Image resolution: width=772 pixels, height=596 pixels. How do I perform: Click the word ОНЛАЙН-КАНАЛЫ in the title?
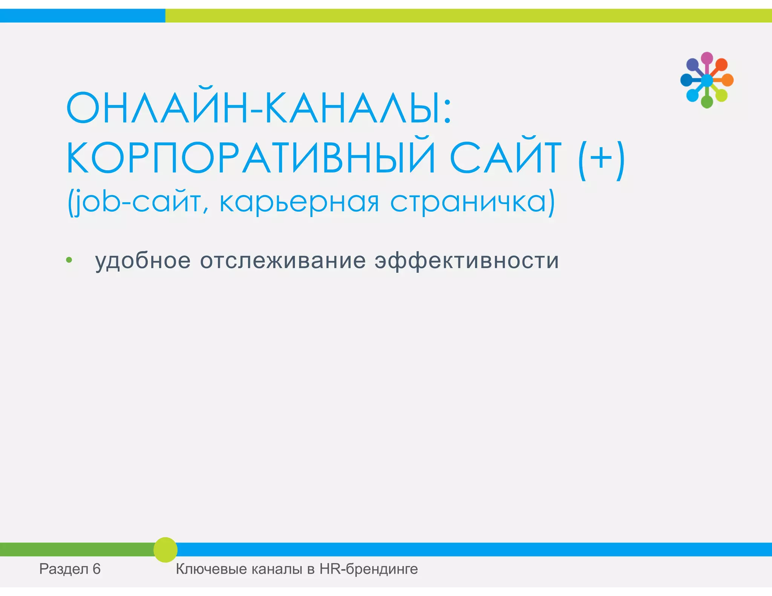[x=258, y=109]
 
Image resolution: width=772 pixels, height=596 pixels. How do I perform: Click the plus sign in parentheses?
[x=601, y=158]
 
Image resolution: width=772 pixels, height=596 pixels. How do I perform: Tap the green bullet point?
[x=69, y=260]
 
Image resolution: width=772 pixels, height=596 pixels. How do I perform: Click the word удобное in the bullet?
[x=143, y=261]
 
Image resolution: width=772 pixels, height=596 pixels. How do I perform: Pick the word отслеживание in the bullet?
[x=283, y=261]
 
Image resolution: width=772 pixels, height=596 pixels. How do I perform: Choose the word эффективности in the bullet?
[x=466, y=261]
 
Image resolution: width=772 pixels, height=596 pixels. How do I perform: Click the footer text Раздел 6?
[x=70, y=569]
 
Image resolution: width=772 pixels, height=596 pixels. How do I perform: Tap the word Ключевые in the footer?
[x=211, y=569]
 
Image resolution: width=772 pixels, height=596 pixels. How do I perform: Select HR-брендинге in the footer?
[x=368, y=569]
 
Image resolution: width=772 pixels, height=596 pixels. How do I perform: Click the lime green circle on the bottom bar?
[x=165, y=550]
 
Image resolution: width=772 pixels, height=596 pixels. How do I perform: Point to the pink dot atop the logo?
[x=707, y=58]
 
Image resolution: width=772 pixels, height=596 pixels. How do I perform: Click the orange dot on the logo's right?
[x=728, y=80]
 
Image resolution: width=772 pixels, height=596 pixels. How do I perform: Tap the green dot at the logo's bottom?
[x=707, y=102]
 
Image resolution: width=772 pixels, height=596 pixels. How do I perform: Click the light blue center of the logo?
[x=707, y=80]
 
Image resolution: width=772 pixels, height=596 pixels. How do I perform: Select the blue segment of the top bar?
[x=82, y=16]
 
